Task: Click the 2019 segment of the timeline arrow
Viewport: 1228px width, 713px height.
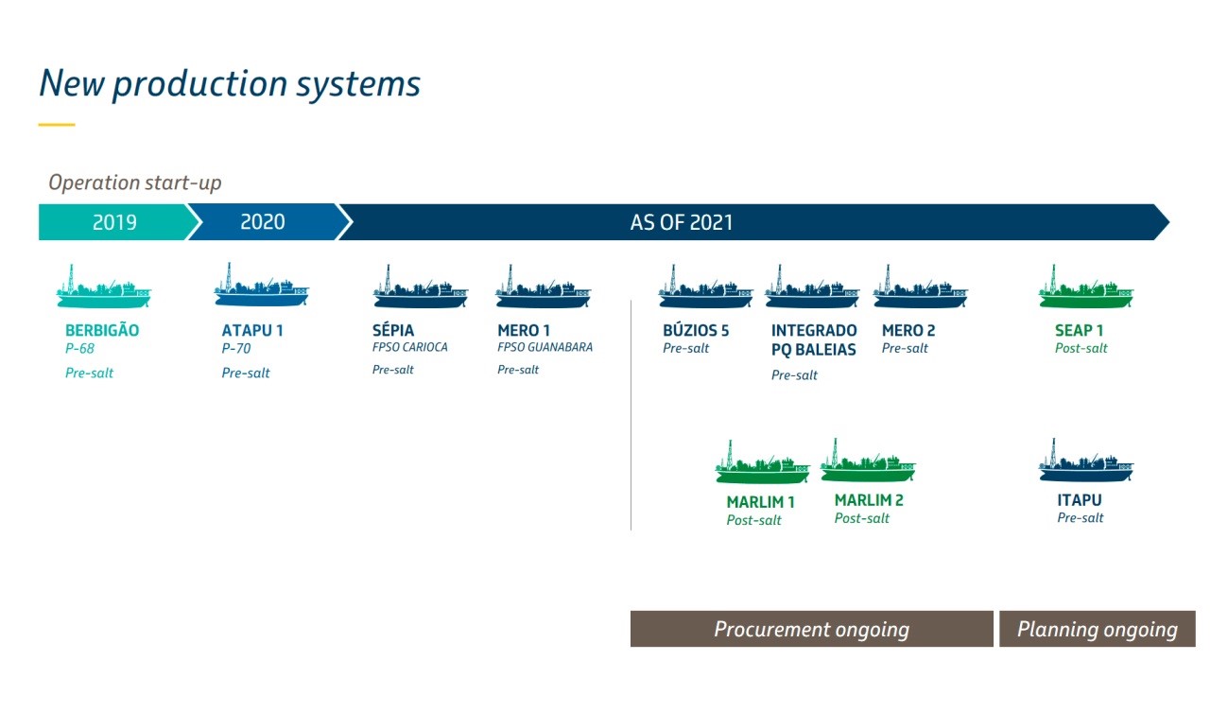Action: [115, 222]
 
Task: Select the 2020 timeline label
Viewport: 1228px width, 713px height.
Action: [263, 222]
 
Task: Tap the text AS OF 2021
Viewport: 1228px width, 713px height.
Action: [682, 222]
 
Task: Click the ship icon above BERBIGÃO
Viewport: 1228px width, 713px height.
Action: [104, 287]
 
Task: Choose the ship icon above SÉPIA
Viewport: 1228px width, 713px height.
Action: [421, 287]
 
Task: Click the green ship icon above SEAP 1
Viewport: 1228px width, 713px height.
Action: [1086, 287]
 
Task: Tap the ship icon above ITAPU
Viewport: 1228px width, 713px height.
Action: [1086, 461]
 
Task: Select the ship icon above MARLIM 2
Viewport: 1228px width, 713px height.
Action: [868, 461]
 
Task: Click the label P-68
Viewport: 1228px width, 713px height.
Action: [79, 348]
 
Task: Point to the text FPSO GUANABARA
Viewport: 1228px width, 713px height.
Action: [545, 347]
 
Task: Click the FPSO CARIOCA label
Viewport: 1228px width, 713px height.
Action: [410, 347]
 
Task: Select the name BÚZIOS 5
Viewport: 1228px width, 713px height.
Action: [696, 330]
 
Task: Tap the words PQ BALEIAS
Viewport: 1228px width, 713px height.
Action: [814, 350]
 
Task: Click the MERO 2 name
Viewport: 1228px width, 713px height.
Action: [908, 330]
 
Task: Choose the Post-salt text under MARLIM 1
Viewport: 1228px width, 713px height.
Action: [753, 520]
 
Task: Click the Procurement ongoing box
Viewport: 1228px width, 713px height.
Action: [811, 629]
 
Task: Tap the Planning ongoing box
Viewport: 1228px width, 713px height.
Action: [1098, 629]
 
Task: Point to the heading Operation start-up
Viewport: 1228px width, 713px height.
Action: [135, 183]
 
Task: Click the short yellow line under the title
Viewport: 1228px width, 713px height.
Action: [57, 125]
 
